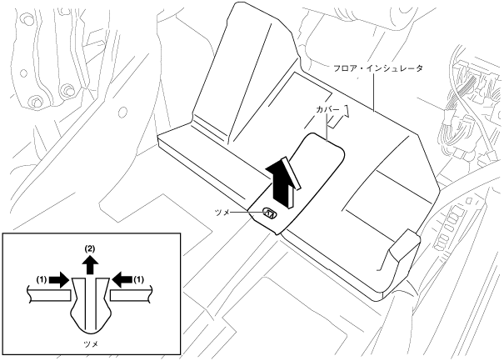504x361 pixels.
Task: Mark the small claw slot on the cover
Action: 269,213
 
